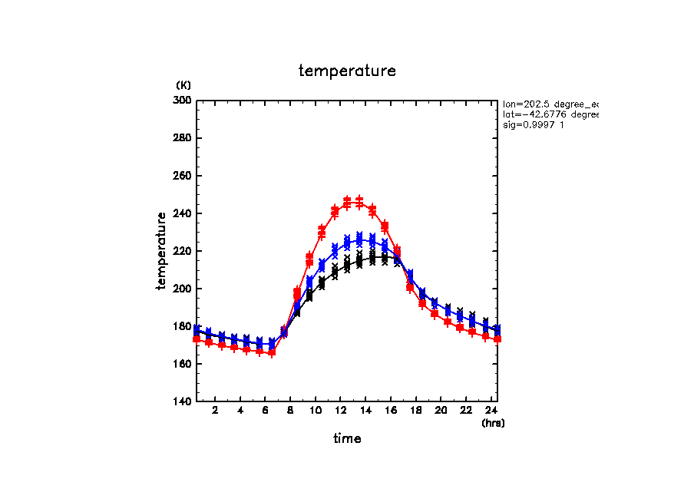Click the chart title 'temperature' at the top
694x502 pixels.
[x=347, y=71]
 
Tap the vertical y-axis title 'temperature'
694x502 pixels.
[x=162, y=251]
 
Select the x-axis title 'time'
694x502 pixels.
[x=347, y=438]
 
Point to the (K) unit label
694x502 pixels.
[x=183, y=85]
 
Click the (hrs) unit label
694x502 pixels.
[x=493, y=423]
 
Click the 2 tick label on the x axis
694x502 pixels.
[x=215, y=411]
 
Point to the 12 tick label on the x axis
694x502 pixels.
[x=340, y=411]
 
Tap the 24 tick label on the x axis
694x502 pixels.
[x=491, y=411]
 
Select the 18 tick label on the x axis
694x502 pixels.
[x=415, y=411]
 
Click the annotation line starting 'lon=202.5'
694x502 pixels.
[x=550, y=104]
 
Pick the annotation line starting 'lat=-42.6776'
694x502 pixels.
[x=550, y=114]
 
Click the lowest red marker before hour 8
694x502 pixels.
[x=272, y=352]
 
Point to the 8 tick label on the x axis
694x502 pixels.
[x=290, y=411]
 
